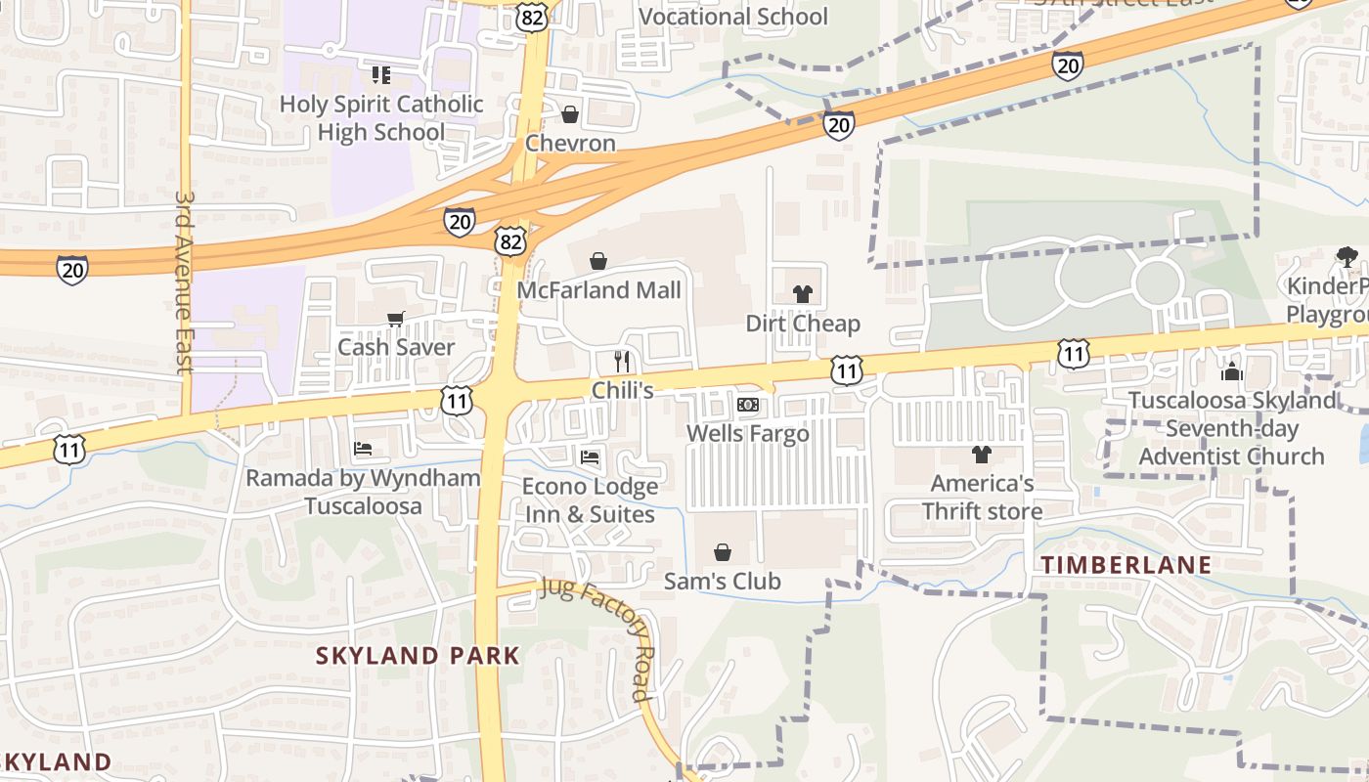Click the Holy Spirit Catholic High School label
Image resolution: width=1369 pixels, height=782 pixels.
coord(381,117)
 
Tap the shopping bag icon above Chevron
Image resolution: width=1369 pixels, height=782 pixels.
coord(570,114)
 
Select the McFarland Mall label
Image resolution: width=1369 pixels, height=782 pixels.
coord(598,290)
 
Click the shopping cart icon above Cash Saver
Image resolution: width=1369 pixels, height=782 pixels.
coord(396,319)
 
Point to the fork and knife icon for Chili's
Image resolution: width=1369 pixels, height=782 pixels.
coord(622,361)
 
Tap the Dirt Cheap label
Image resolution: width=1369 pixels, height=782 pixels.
coord(803,324)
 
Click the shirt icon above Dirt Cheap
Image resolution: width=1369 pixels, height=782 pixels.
coord(803,293)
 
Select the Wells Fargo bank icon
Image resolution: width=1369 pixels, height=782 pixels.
coord(748,405)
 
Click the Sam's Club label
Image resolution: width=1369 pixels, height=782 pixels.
coord(722,582)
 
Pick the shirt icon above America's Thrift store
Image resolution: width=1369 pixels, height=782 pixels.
coord(982,454)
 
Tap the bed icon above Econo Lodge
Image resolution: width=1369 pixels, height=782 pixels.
coord(590,456)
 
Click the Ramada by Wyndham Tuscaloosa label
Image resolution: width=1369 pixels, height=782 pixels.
coord(363,492)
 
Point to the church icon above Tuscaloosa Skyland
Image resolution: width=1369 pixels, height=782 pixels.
coord(1231,371)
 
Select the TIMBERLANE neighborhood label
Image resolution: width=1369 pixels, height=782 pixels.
coord(1126,565)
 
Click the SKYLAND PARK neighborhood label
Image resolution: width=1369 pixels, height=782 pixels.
coord(418,655)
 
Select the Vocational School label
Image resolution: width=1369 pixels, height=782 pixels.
coord(732,17)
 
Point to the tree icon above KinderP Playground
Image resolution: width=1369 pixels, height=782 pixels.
coord(1347,257)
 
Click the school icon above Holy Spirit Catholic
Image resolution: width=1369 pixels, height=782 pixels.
coord(381,75)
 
